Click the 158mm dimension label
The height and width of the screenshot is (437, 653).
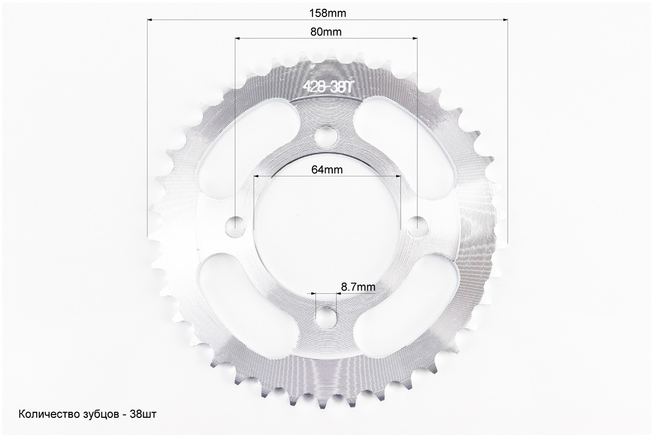327,13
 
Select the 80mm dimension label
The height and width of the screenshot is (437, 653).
326,32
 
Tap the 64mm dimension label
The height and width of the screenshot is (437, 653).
327,169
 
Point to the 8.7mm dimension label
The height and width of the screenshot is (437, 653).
358,287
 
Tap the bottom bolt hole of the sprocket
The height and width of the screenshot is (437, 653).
326,318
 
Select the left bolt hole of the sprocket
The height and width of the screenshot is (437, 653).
234,226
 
